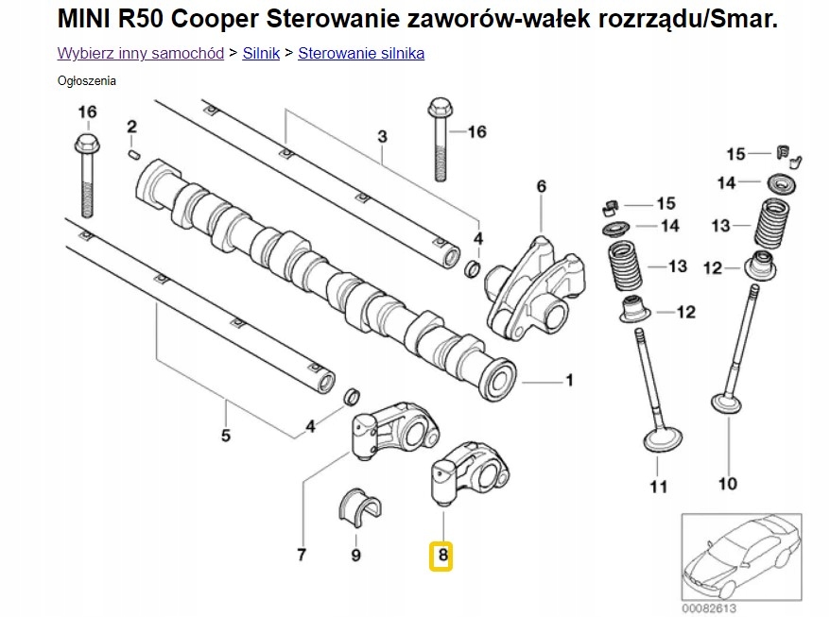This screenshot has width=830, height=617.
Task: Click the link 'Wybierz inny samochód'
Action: [x=140, y=53]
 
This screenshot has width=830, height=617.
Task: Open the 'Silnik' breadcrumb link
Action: [x=261, y=53]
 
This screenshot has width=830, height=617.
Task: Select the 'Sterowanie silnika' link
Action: [x=361, y=53]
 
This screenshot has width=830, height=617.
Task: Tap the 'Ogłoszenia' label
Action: [x=87, y=81]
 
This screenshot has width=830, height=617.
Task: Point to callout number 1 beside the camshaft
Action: [x=569, y=381]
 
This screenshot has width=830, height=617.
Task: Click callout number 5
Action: [x=226, y=436]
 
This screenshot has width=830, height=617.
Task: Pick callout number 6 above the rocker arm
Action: [x=542, y=187]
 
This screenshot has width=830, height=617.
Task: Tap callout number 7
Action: [x=302, y=555]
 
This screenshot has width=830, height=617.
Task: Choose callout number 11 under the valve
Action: [x=658, y=487]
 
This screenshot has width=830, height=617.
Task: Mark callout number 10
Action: [x=727, y=485]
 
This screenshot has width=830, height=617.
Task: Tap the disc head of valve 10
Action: [x=728, y=404]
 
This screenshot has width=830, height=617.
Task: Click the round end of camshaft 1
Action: [x=497, y=380]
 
